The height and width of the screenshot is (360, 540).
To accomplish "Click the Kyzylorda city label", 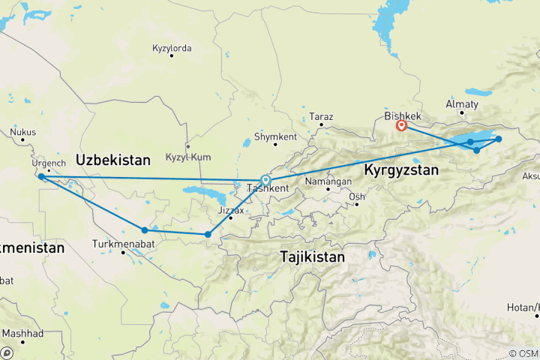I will click(x=172, y=49).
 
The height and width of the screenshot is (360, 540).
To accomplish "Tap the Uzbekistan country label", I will click(x=113, y=160).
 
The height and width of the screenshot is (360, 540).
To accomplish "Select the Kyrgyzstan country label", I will click(x=400, y=171).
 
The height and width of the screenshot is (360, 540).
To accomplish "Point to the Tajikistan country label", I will click(x=313, y=257).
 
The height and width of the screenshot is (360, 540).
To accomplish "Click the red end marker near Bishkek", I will click(x=401, y=126).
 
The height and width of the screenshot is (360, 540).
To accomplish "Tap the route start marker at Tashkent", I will click(x=265, y=180).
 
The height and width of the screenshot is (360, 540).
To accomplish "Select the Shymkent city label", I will click(x=275, y=137).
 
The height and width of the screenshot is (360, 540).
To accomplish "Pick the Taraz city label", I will click(x=321, y=117).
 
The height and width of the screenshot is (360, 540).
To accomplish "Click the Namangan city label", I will click(x=328, y=181).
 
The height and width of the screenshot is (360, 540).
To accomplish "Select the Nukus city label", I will click(x=23, y=133).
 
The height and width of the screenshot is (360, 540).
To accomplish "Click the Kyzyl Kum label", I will click(x=188, y=157).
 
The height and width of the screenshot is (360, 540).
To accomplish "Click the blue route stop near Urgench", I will click(x=40, y=177).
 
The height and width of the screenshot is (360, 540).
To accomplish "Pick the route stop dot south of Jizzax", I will click(x=208, y=235).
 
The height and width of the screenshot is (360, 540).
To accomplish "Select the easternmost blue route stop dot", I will click(x=499, y=139).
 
